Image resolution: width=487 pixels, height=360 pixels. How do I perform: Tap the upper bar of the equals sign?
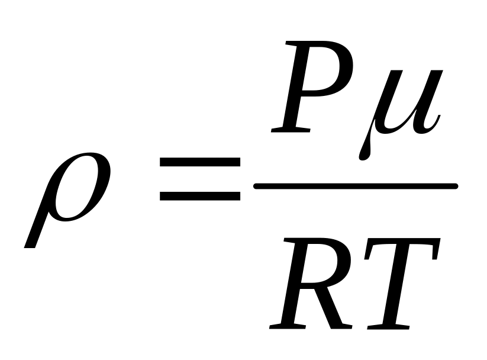coord(199,161)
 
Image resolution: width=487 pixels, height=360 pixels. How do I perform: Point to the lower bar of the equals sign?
coord(199,195)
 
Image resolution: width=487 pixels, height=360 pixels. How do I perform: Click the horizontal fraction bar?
coord(355,187)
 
